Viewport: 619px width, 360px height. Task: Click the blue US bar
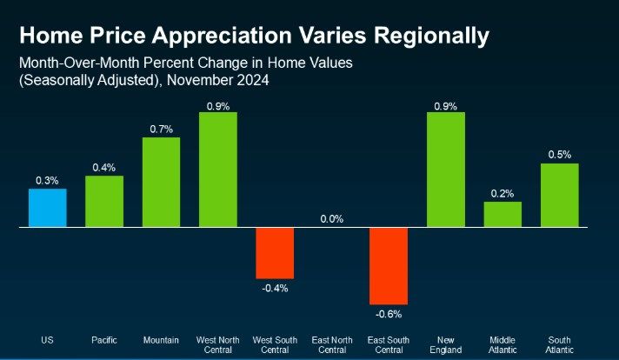point(47,207)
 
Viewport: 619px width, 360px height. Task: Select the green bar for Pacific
point(104,201)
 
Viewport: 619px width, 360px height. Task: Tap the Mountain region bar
point(161,182)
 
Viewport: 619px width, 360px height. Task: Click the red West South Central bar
point(275,252)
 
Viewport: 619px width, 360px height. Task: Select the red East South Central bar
point(389,264)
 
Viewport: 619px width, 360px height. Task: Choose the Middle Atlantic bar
point(503,214)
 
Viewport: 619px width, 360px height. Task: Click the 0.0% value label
point(332,219)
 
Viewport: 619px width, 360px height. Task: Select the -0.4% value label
point(275,288)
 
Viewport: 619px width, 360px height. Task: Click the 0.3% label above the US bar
point(47,180)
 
